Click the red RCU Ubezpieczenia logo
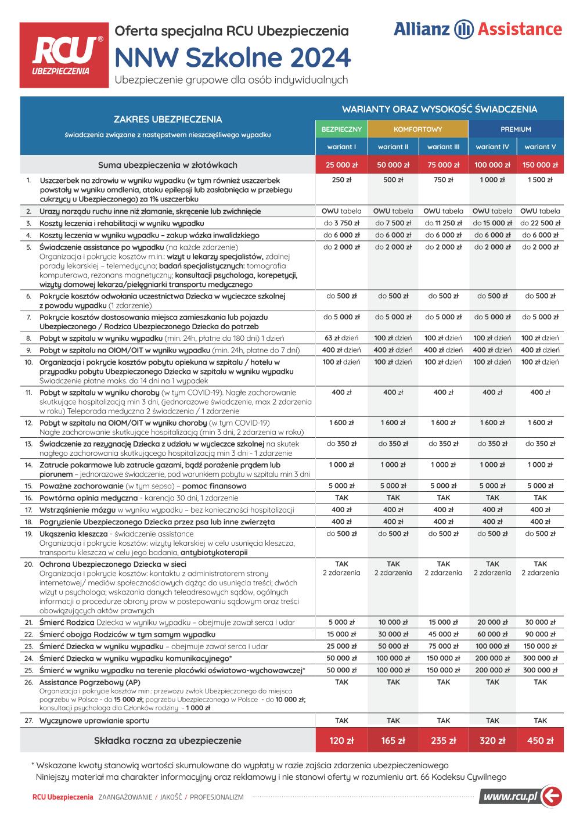[64, 55]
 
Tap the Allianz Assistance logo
[477, 30]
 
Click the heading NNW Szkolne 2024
[233, 58]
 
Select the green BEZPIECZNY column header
[342, 129]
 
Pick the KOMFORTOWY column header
[418, 129]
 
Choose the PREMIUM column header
[516, 129]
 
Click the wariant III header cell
[443, 147]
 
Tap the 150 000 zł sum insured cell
[540, 165]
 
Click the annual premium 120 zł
[342, 740]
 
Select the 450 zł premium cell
[540, 740]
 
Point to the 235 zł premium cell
[443, 740]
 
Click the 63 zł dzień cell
[342, 338]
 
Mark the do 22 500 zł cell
[540, 223]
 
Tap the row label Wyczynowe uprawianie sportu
[94, 721]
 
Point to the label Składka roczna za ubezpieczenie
[167, 740]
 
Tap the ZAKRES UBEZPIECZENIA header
[167, 120]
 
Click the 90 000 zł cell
[540, 634]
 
